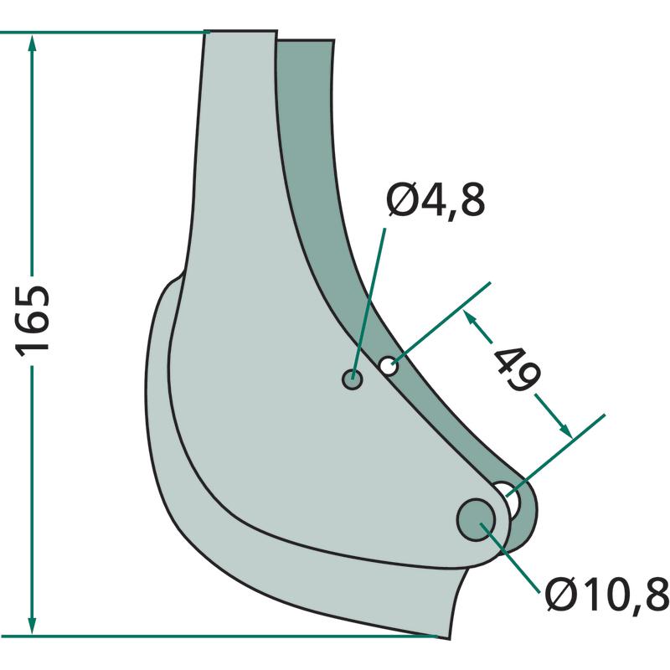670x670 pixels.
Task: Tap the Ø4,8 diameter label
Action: pos(435,200)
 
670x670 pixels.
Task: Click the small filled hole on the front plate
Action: pos(353,379)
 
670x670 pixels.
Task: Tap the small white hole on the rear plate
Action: pos(389,366)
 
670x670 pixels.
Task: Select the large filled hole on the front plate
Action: pos(476,519)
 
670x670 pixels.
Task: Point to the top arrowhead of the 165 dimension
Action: pos(32,44)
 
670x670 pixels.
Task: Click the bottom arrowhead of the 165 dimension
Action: pos(32,625)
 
